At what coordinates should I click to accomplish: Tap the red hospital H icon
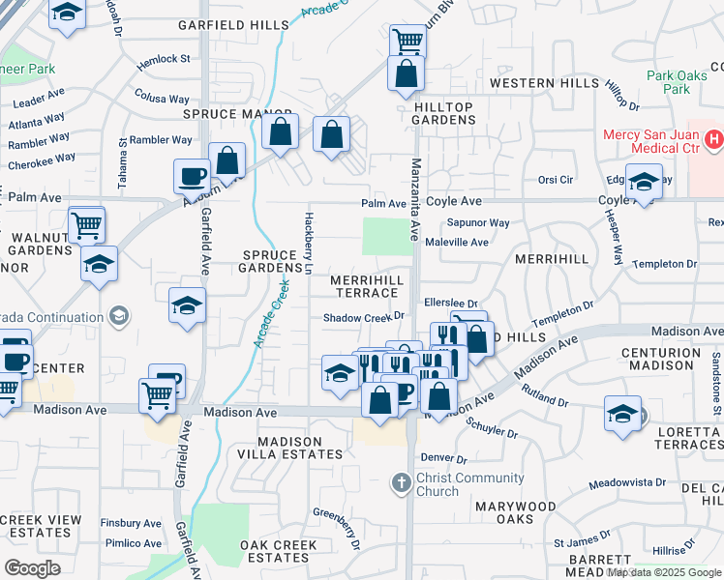point(713,140)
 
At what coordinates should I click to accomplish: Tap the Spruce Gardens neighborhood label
point(271,261)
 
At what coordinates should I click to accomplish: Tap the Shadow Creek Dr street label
point(362,317)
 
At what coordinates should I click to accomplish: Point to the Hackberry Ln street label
point(309,242)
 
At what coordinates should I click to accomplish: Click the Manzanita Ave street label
point(414,199)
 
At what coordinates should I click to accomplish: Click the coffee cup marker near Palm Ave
point(191,177)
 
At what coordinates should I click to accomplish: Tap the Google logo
point(32,568)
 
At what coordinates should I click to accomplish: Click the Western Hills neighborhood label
point(544,84)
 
